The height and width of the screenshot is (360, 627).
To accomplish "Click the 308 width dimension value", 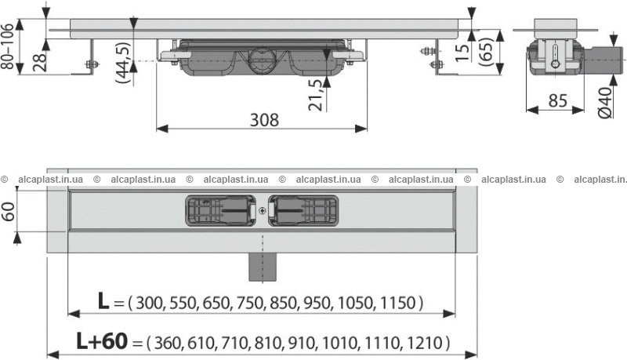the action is coord(264,119).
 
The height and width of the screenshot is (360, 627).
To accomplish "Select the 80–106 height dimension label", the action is coord(8,46).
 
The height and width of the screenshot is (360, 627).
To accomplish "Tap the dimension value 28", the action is coord(40,61).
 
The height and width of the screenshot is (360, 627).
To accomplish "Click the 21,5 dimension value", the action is coord(316,95).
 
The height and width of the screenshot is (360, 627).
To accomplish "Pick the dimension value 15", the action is coord(462,53).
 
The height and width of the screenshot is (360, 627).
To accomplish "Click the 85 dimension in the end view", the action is coord(557,101).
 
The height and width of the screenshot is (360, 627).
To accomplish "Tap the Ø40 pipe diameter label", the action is coord(605,103).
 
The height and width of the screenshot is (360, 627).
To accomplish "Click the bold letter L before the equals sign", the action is coord(103,300).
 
